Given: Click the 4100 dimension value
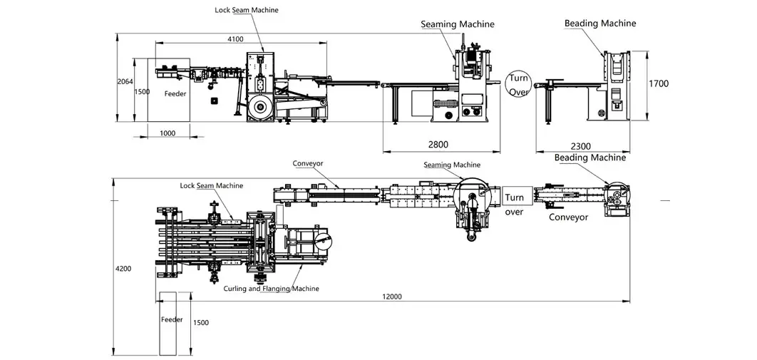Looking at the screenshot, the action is [x=235, y=39].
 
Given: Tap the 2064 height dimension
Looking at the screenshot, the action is [x=125, y=82].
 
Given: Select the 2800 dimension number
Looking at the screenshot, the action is [x=438, y=144].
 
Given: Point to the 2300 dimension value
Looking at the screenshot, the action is [x=581, y=146].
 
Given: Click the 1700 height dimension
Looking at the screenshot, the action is [x=659, y=83].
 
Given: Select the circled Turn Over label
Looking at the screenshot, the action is [x=518, y=85].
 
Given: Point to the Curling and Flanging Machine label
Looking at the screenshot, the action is [x=272, y=289].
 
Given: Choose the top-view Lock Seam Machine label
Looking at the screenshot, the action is [x=212, y=185].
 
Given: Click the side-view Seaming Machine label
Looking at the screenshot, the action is [x=457, y=24].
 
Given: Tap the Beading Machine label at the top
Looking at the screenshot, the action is [x=600, y=23].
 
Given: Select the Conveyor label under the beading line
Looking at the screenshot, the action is [x=568, y=217].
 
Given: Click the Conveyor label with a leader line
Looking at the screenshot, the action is [x=307, y=163].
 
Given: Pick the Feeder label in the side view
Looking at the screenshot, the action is [x=175, y=93].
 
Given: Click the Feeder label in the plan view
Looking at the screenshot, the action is [x=172, y=319].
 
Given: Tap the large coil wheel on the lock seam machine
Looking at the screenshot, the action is [x=261, y=107].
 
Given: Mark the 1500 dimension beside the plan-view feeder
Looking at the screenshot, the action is [x=200, y=322].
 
